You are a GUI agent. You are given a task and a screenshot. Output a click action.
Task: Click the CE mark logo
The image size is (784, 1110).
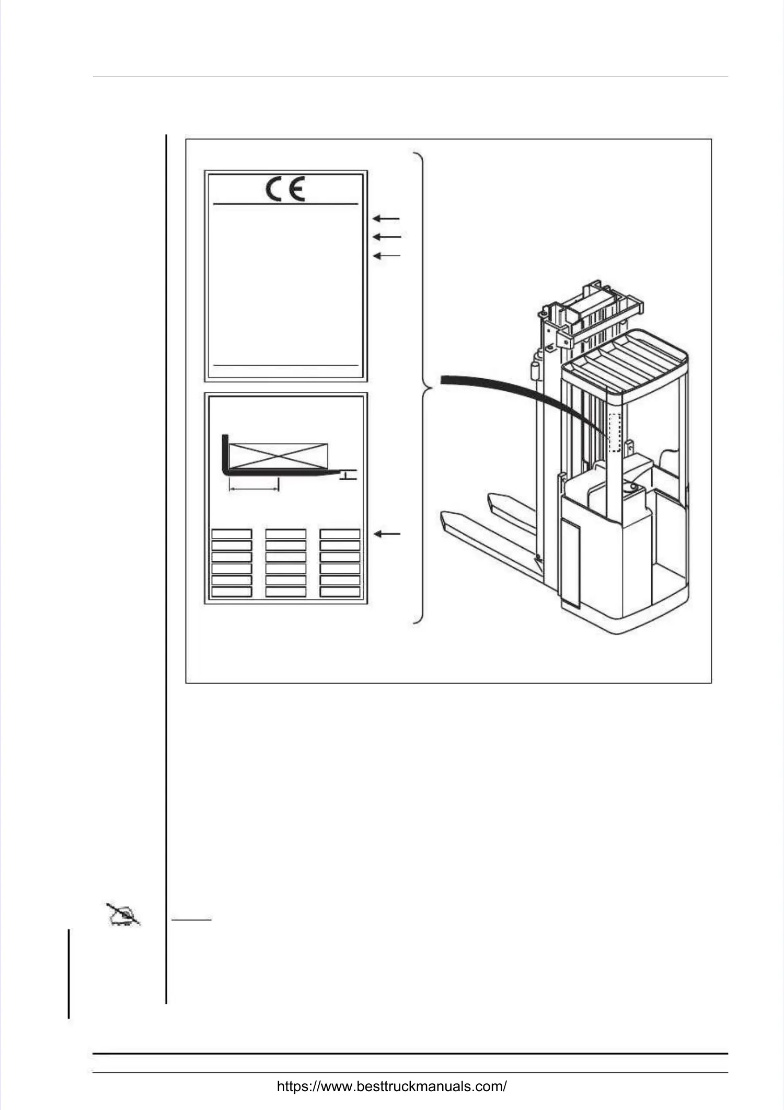click(x=285, y=189)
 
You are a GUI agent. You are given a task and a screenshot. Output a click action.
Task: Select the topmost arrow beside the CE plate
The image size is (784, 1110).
click(x=386, y=219)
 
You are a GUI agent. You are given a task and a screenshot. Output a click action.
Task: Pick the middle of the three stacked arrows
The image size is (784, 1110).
click(x=387, y=237)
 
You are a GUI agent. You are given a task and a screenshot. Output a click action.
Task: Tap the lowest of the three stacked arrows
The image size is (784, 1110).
click(x=387, y=256)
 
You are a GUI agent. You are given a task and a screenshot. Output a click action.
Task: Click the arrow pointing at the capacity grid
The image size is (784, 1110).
click(x=387, y=534)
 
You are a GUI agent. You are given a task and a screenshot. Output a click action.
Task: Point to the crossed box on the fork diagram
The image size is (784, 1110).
click(x=279, y=456)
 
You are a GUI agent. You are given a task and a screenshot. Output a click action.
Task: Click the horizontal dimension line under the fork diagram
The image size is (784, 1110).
click(x=254, y=489)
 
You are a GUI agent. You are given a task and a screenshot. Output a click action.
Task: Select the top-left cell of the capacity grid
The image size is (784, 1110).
click(x=232, y=534)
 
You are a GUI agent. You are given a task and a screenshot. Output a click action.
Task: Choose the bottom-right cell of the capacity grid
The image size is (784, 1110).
click(x=340, y=592)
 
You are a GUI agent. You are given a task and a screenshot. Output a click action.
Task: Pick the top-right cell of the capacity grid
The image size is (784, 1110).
click(x=340, y=534)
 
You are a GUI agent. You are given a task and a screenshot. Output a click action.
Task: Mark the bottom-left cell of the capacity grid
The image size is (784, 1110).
click(x=232, y=592)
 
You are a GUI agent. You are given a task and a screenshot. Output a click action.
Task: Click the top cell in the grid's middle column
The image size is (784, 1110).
click(x=286, y=534)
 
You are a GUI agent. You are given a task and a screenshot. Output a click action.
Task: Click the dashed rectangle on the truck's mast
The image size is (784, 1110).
click(x=615, y=433)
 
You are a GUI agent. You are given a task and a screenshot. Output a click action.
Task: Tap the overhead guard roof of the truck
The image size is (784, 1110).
click(x=625, y=361)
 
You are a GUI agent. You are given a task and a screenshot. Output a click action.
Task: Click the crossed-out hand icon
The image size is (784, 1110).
click(x=123, y=914)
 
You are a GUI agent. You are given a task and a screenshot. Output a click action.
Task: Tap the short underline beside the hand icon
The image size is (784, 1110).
click(x=192, y=919)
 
